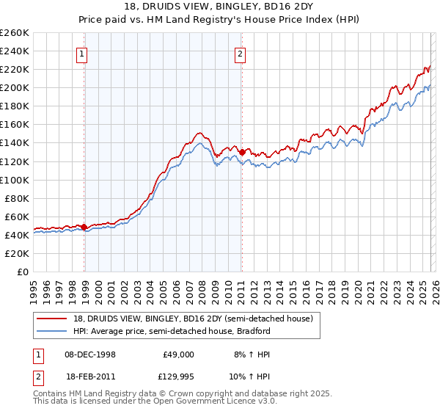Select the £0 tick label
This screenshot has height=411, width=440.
pyautogui.click(x=23, y=272)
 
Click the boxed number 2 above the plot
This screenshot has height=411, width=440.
pyautogui.click(x=239, y=53)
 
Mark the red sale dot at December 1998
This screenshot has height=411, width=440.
pyautogui.click(x=84, y=227)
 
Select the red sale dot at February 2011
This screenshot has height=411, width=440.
pyautogui.click(x=242, y=152)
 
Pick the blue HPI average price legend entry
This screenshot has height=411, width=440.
pyautogui.click(x=165, y=331)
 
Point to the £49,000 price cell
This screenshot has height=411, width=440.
pyautogui.click(x=178, y=354)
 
